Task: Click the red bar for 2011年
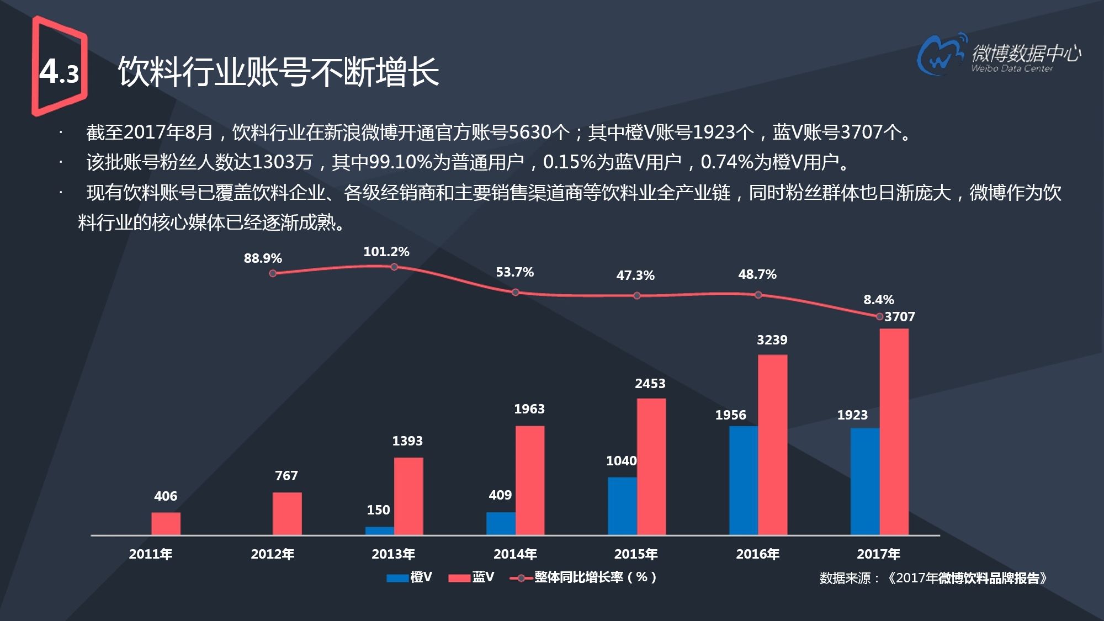(166, 523)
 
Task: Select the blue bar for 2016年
(743, 480)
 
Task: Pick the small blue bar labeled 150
(379, 530)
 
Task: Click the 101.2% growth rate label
(386, 252)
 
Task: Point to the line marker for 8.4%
(879, 316)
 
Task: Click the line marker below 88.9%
(273, 273)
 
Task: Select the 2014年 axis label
(514, 554)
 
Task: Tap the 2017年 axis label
(878, 554)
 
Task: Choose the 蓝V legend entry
(471, 577)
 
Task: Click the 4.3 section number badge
(59, 71)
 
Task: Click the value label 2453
(650, 384)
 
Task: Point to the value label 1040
(621, 461)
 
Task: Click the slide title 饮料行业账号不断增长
(278, 72)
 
